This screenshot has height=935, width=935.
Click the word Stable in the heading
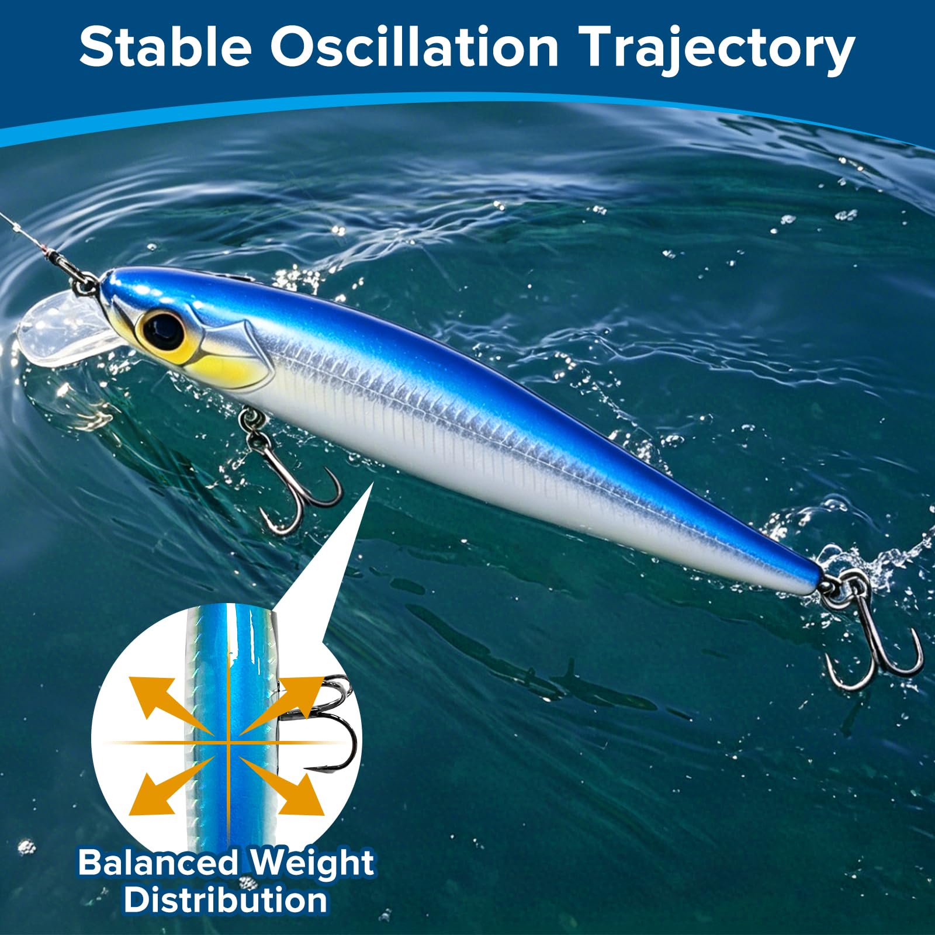165,48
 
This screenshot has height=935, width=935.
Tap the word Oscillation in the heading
414,48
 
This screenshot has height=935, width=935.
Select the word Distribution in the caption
226,900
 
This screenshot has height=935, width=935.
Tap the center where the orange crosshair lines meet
227,743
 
